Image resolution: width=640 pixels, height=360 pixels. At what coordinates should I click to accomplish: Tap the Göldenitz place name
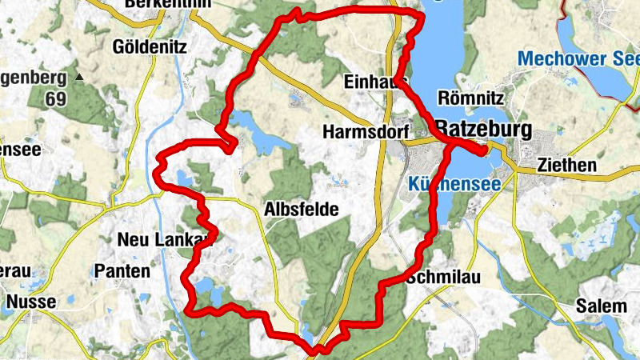point(150,47)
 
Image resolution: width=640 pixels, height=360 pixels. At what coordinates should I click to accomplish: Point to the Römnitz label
point(471,98)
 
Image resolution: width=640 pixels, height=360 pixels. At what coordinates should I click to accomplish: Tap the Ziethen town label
point(567,166)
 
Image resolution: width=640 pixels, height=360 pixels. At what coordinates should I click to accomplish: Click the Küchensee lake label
point(454,184)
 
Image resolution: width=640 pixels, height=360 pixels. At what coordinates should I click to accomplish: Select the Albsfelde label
point(301,210)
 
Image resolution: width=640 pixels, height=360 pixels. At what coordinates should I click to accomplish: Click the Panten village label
point(122,271)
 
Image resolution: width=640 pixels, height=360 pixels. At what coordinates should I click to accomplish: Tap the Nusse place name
point(31,302)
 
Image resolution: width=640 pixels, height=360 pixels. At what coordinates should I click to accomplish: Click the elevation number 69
point(55,99)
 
